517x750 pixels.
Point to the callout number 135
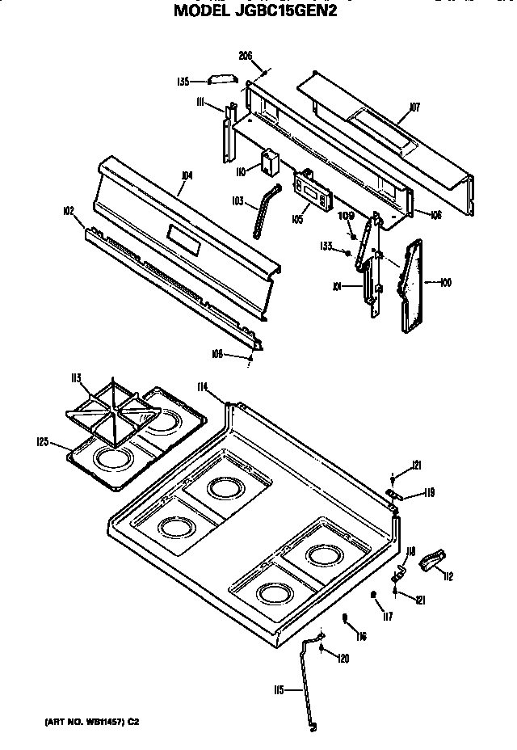pos(183,81)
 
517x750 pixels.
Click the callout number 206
pos(246,56)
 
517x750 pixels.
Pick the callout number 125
pos(43,441)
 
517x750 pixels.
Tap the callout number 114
pos(204,387)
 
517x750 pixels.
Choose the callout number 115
pos(279,689)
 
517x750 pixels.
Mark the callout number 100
pos(445,282)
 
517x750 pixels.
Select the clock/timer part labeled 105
pos(311,191)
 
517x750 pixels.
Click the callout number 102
pos(68,211)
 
